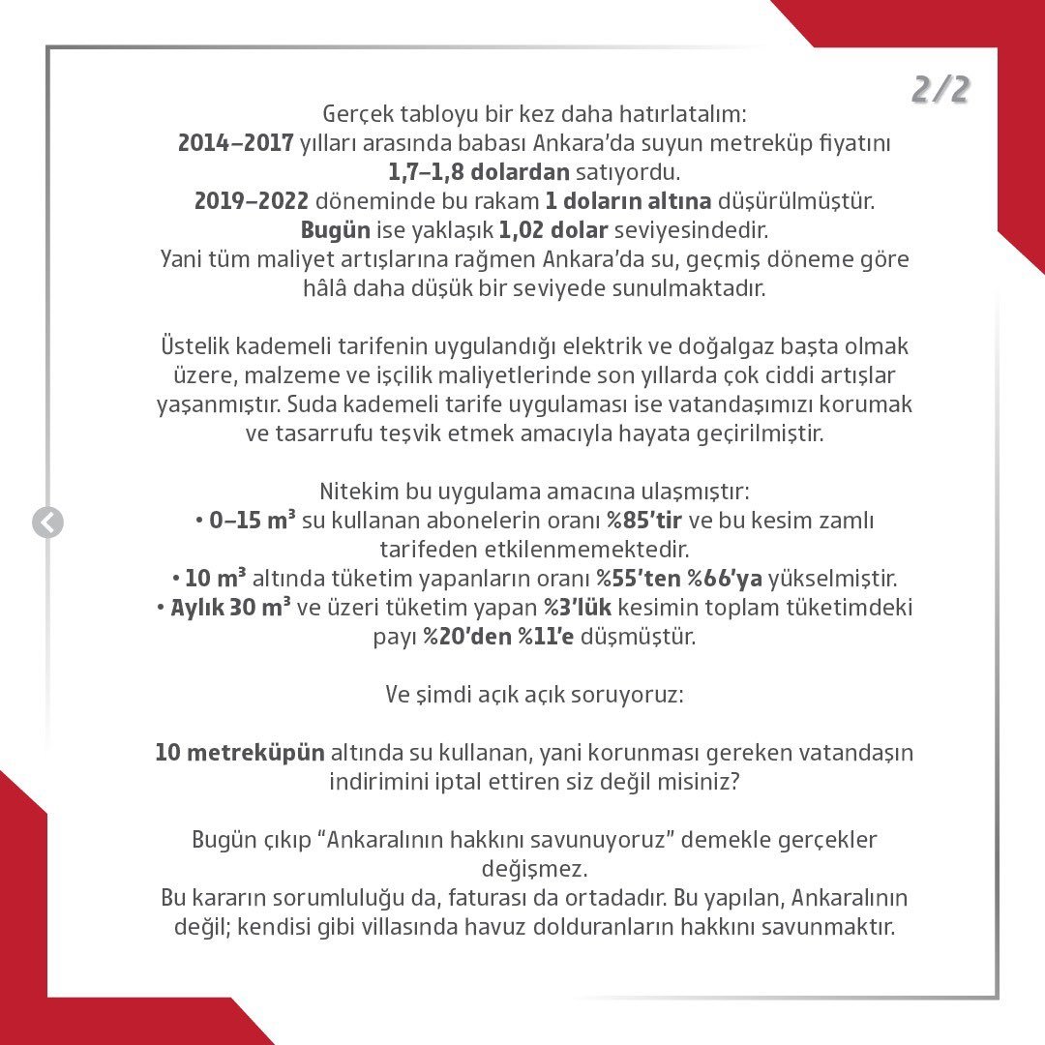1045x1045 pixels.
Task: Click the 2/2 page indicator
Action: [940, 90]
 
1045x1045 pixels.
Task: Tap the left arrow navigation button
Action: [47, 522]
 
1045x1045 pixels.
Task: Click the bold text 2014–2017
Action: [236, 143]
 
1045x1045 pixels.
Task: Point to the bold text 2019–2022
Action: [252, 202]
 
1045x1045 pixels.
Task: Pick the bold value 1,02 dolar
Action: [553, 231]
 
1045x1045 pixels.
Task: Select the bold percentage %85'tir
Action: [644, 521]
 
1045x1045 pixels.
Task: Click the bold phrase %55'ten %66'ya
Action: [678, 579]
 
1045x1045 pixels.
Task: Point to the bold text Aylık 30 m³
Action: [231, 608]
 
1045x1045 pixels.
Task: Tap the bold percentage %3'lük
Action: [579, 608]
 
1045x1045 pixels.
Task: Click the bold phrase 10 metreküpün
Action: [240, 752]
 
